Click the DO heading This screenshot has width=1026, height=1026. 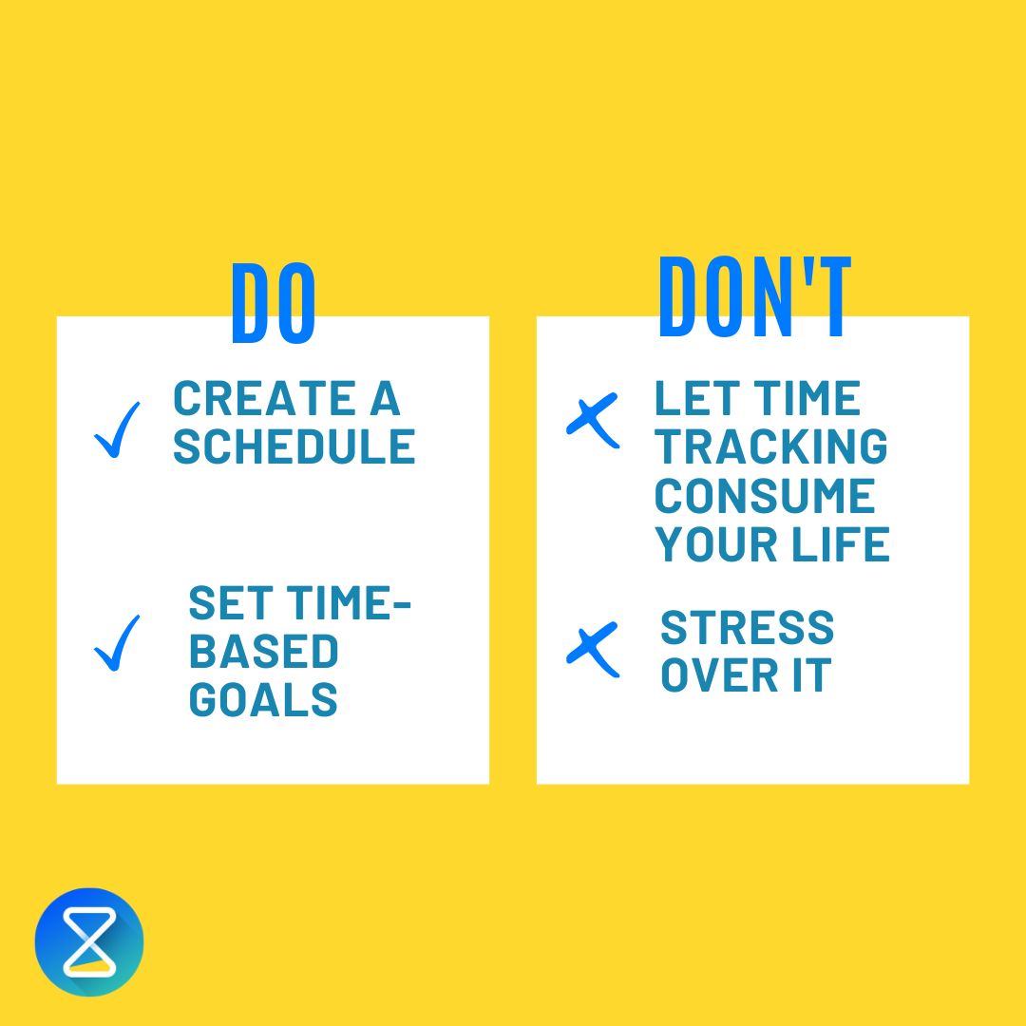click(x=274, y=301)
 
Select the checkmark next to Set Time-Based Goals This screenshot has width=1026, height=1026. click(x=117, y=643)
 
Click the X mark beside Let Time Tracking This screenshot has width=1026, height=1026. click(x=593, y=419)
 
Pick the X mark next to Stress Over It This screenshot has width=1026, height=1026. click(x=593, y=650)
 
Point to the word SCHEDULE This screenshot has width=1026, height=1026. click(x=294, y=446)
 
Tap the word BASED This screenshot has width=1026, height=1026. click(x=263, y=652)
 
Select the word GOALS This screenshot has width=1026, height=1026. click(x=263, y=700)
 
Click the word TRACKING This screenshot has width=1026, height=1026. click(x=771, y=446)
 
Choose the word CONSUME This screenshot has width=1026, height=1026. click(x=765, y=496)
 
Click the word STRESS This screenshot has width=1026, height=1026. click(x=747, y=628)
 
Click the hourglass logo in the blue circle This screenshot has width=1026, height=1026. click(x=89, y=941)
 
